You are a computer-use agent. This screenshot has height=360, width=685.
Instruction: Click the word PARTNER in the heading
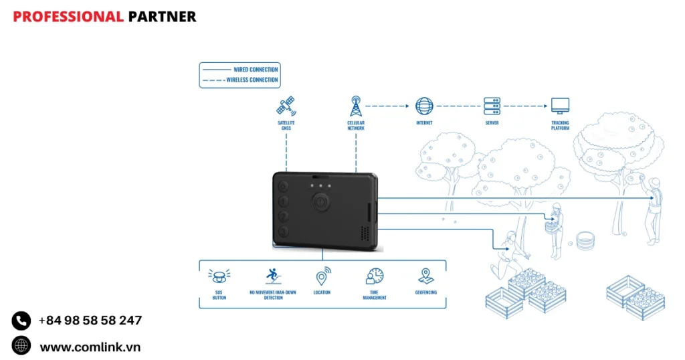[x=162, y=17]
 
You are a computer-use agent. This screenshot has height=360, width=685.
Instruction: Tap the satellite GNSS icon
[x=286, y=106]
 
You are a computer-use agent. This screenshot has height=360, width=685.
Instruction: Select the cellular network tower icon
[x=356, y=106]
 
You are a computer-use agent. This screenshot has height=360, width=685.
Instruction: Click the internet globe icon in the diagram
[x=424, y=106]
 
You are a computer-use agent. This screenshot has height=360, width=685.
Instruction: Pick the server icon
[x=492, y=106]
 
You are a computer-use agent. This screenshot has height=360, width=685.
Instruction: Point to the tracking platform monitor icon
[x=560, y=106]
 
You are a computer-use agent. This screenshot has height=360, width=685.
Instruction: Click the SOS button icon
[x=219, y=275]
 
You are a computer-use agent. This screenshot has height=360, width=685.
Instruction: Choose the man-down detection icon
[x=272, y=275]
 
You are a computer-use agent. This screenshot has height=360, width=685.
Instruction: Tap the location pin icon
[x=322, y=276]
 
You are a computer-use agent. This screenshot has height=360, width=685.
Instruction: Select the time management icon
[x=375, y=276]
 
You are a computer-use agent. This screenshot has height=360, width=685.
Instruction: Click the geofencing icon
[x=425, y=276]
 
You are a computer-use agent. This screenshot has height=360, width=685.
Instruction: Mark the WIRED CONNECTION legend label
[x=256, y=70]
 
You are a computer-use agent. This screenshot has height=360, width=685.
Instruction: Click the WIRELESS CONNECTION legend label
[x=252, y=80]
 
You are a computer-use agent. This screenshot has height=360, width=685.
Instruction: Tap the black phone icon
[x=21, y=321]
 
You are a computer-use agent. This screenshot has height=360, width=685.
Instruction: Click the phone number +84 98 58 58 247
[x=90, y=321]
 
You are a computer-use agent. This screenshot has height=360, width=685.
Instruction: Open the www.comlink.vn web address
[x=90, y=347]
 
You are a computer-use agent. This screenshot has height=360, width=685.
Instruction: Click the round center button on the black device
[x=320, y=201]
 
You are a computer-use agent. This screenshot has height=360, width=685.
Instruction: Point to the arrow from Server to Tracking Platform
[x=526, y=106]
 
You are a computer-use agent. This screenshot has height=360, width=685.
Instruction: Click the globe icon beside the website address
[x=21, y=346]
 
